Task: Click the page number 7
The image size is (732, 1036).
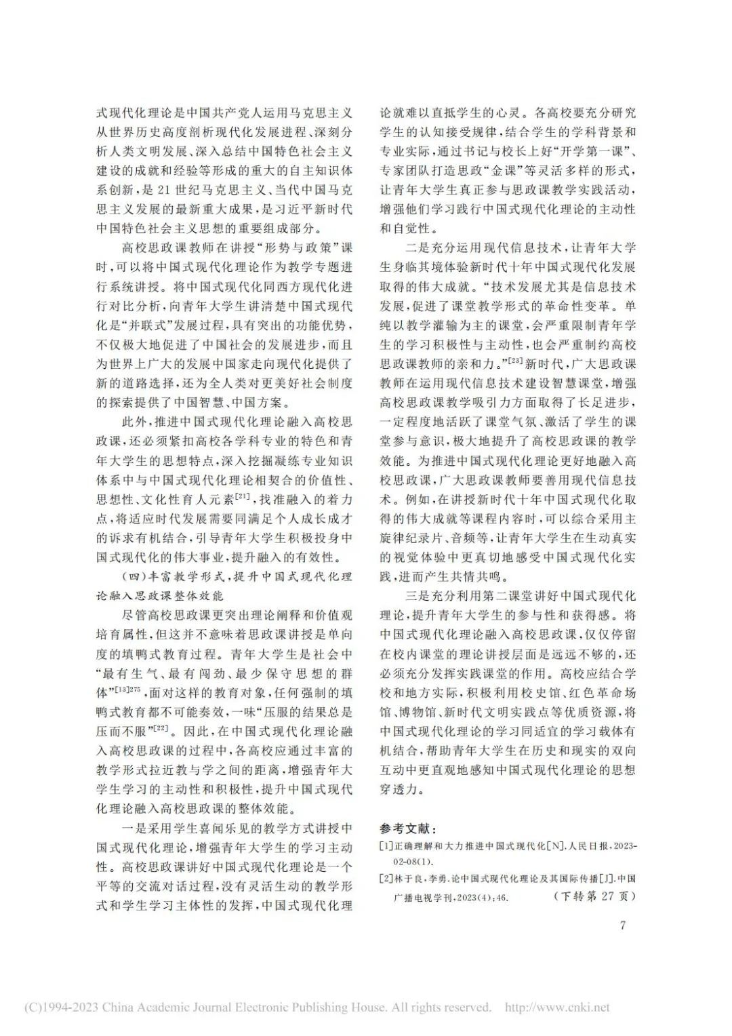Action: click(x=624, y=925)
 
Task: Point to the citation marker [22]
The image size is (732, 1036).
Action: click(x=161, y=729)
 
